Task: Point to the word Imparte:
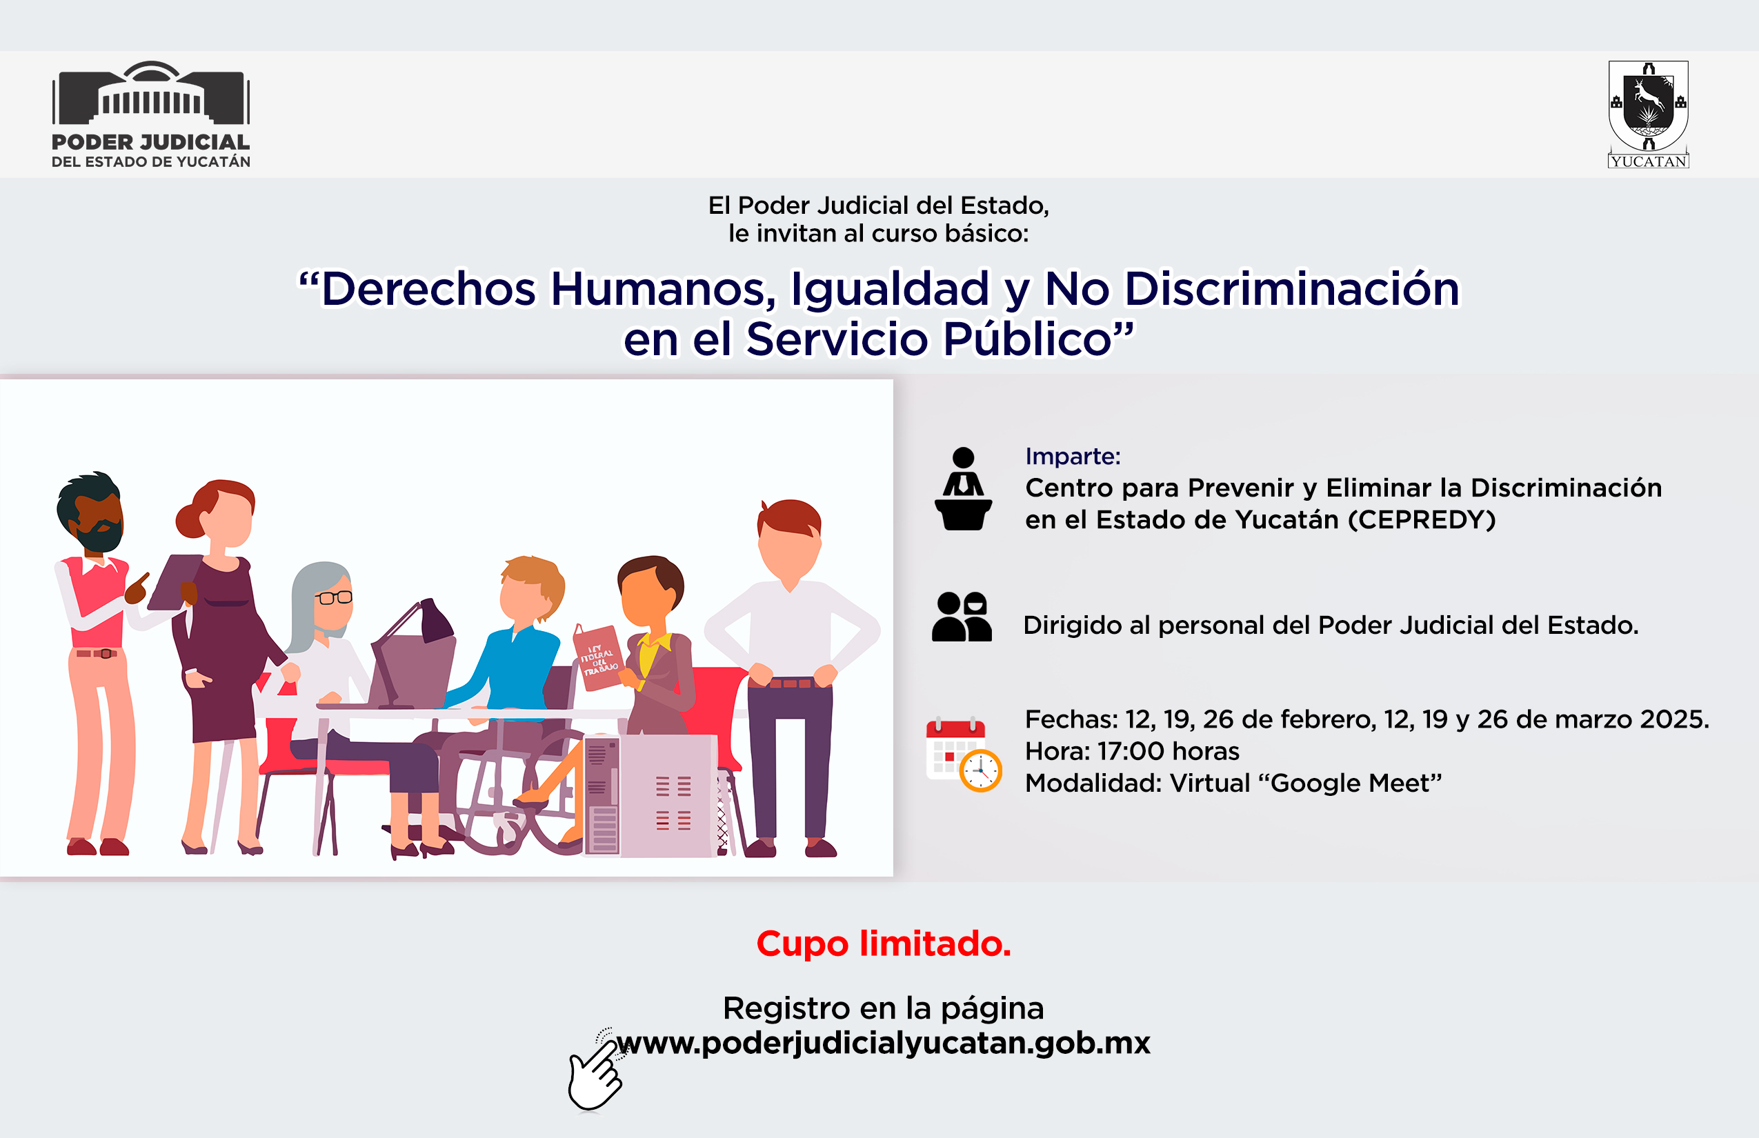(x=1073, y=457)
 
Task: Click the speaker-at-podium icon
(x=963, y=488)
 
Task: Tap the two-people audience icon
(x=962, y=617)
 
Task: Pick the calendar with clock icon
(x=964, y=754)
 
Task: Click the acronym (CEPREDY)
(x=1422, y=520)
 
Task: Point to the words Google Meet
(x=1351, y=783)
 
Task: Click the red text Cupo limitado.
(x=884, y=944)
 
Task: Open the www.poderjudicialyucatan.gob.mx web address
(x=883, y=1044)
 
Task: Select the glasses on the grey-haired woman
(x=333, y=598)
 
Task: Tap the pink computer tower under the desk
(x=650, y=797)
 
